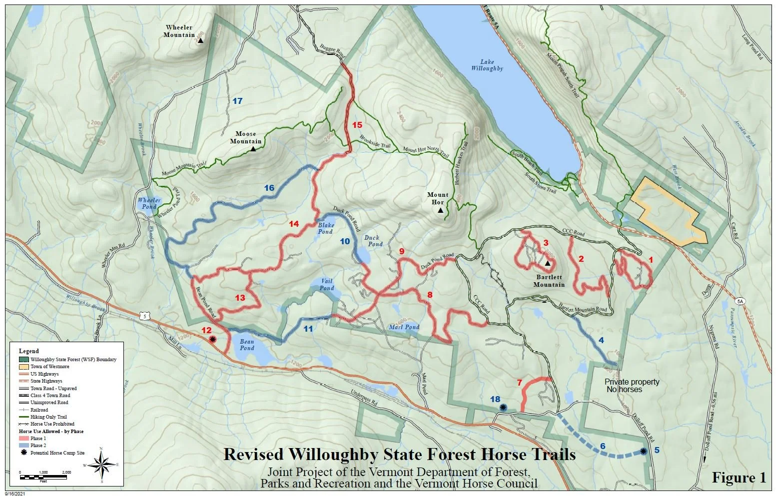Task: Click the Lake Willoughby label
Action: point(487,65)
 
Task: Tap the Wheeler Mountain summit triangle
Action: point(200,40)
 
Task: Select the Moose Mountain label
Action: point(245,137)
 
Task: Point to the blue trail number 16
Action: point(269,188)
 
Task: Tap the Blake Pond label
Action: point(326,228)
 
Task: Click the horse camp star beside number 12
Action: point(213,339)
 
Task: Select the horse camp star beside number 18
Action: point(503,408)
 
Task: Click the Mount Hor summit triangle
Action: point(440,211)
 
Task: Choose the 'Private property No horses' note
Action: point(632,385)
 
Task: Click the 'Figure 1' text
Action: point(739,478)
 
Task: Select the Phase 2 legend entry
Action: point(38,446)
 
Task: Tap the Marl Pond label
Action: point(404,327)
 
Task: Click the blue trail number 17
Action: point(237,101)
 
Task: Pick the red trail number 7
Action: point(519,383)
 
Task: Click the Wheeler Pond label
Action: point(149,203)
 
